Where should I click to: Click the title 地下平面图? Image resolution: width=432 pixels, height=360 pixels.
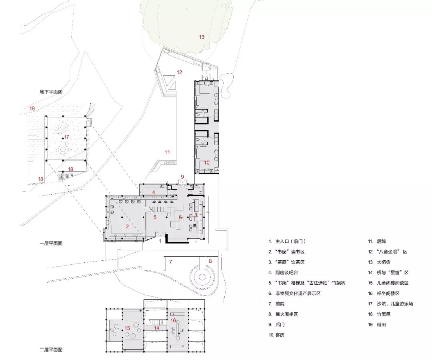(51, 92)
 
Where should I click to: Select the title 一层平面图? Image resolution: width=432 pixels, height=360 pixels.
(51, 243)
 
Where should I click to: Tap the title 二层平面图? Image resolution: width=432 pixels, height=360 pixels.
(51, 350)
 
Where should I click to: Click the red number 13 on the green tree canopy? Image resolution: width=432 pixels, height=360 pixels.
(202, 37)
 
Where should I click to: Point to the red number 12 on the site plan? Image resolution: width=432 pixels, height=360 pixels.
(180, 72)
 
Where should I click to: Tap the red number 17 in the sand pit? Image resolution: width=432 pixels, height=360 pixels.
(66, 137)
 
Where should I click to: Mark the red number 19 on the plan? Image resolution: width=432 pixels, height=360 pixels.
(32, 109)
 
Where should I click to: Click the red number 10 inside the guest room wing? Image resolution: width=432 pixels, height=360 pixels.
(207, 163)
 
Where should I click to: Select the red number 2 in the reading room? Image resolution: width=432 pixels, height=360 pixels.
(127, 227)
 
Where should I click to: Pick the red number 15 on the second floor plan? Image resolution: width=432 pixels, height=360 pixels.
(127, 328)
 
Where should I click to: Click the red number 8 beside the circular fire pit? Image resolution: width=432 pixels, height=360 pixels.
(210, 261)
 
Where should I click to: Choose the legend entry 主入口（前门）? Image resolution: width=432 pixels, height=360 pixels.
(290, 241)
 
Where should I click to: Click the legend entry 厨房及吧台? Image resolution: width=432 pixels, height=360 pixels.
(286, 273)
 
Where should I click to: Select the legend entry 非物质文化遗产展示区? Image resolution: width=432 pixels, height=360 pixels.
(298, 294)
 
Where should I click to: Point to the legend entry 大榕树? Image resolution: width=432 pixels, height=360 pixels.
(384, 262)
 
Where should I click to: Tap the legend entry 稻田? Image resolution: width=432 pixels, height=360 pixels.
(381, 325)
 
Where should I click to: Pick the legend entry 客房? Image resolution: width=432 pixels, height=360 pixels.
(280, 335)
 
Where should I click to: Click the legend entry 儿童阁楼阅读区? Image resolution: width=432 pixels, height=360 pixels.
(393, 283)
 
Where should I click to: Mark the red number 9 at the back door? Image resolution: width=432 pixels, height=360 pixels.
(182, 177)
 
